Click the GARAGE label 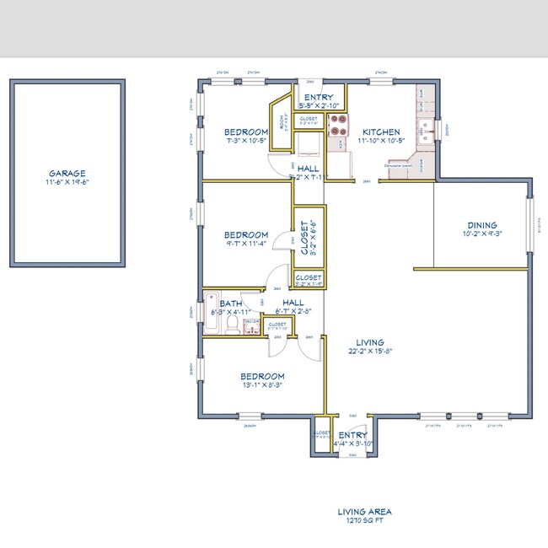coord(67,173)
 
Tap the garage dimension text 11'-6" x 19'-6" coord(67,182)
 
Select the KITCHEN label coord(381,132)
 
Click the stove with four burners coord(339,126)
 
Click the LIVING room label coord(364,341)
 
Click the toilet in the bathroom coord(250,326)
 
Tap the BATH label coord(231,304)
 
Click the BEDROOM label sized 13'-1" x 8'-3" coord(262,376)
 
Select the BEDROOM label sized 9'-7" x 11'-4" coord(246,235)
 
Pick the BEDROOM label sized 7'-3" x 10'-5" coord(246,132)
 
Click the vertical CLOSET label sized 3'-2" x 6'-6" coord(304,238)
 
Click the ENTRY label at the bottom coord(352,435)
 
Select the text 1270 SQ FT coord(364,521)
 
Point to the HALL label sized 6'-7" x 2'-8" coord(293,302)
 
